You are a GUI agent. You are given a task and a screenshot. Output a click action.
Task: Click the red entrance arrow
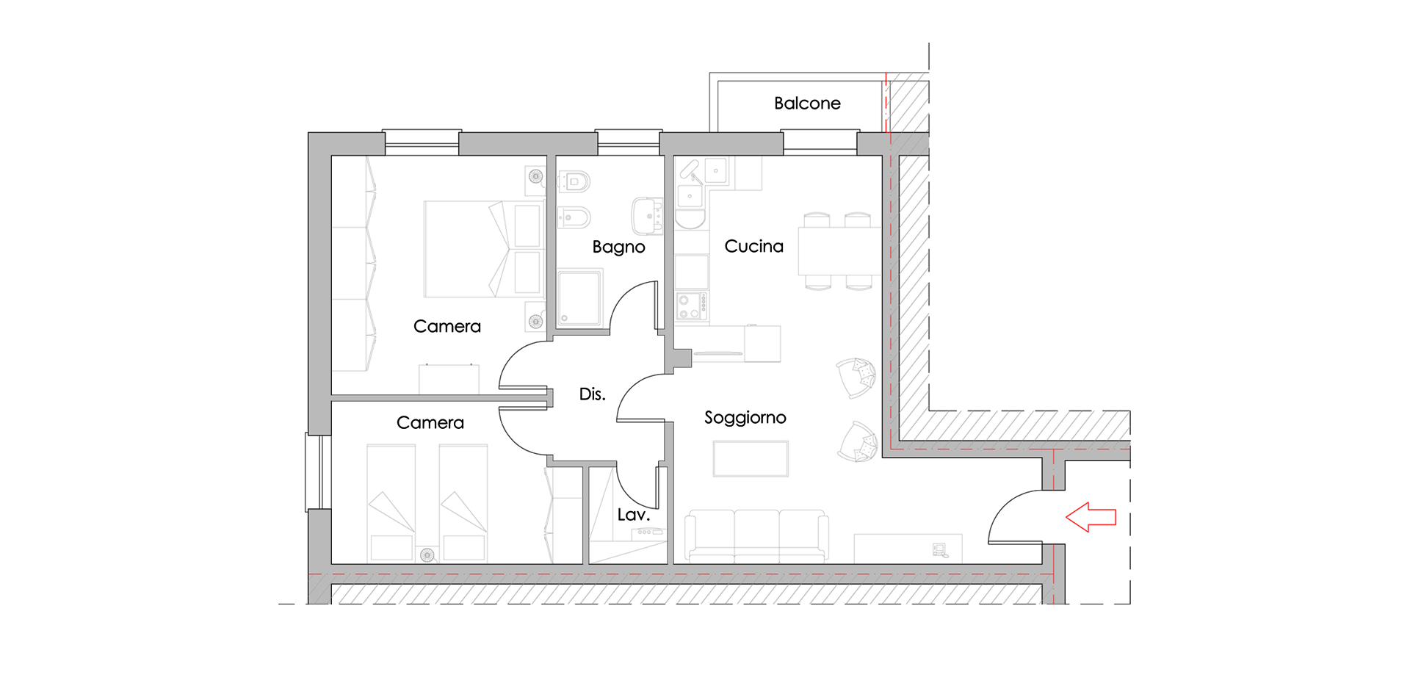point(1091,517)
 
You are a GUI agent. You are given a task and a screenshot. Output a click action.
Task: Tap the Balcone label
point(807,104)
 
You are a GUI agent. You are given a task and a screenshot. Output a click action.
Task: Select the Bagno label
point(618,247)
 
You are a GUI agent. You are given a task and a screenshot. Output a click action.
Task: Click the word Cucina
point(753,246)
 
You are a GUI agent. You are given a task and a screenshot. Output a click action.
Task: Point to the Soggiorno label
point(745,418)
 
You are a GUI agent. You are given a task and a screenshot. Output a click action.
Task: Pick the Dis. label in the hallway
point(592,394)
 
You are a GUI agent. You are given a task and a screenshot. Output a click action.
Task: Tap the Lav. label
point(633,515)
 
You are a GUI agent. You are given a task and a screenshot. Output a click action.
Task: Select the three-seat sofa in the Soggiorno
point(757,536)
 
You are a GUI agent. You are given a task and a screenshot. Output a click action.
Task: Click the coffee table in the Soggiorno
point(751,459)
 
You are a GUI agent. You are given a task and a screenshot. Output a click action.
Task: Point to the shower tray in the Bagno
point(580,297)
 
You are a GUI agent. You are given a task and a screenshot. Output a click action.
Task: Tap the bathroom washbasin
point(647,216)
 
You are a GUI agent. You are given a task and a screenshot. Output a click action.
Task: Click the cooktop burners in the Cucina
point(692,306)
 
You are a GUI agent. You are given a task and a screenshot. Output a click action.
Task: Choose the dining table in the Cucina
point(839,251)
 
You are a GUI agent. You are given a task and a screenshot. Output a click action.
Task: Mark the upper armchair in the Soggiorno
point(856,377)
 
